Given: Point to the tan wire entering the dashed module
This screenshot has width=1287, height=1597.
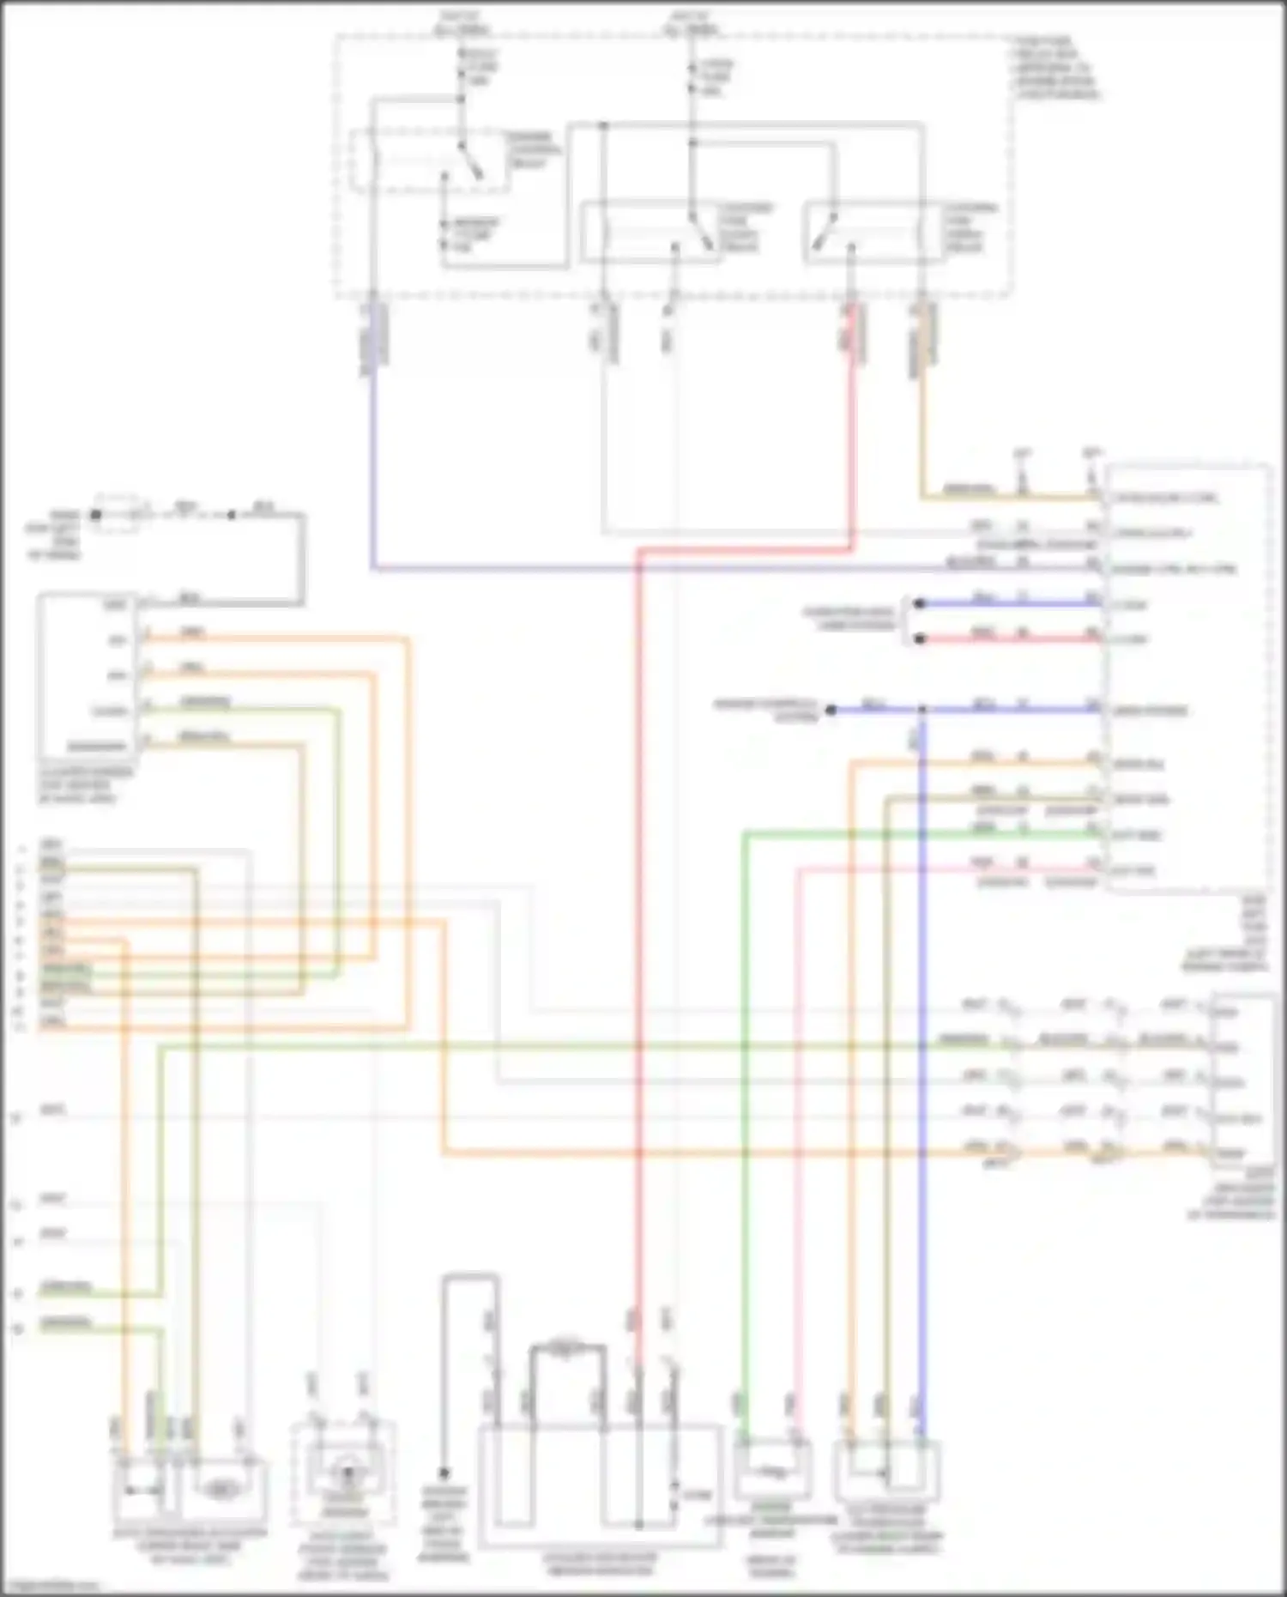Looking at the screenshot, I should (970, 497).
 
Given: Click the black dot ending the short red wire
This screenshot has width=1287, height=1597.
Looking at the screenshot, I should (919, 639).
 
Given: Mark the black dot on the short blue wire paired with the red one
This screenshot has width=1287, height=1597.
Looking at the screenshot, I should (919, 603).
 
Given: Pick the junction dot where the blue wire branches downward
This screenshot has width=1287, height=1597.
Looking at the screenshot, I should (922, 710).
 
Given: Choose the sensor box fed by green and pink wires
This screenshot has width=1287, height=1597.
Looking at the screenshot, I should (772, 1471).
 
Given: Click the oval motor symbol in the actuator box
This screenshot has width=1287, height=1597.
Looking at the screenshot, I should (221, 1491).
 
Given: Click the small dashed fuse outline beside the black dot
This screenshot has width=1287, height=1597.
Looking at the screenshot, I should (118, 512).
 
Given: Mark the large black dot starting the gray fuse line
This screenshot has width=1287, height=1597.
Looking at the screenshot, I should (96, 515).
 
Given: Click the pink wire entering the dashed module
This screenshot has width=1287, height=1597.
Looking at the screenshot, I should (944, 869).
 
